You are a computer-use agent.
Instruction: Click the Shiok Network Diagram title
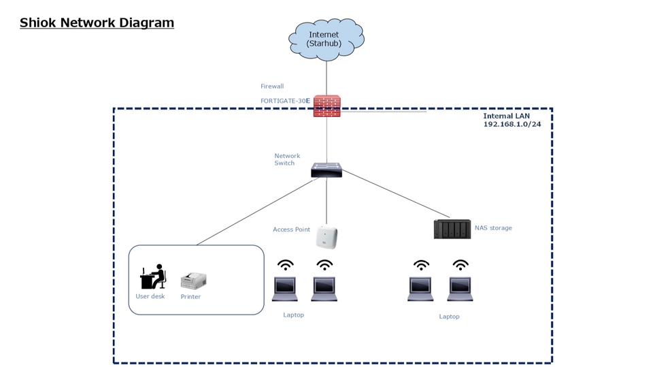click(97, 22)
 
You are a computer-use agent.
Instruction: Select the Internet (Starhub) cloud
click(326, 39)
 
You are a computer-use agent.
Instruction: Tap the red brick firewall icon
click(326, 106)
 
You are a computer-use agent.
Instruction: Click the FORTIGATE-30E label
click(285, 101)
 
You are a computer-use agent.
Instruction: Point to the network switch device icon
click(326, 170)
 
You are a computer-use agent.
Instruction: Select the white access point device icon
click(326, 237)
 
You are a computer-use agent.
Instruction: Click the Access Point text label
click(291, 229)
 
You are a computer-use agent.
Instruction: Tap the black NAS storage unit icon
click(452, 229)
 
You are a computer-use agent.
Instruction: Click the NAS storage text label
click(493, 228)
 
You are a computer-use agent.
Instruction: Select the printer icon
click(193, 280)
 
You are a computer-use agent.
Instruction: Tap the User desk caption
click(150, 296)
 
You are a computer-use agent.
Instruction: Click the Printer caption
click(190, 297)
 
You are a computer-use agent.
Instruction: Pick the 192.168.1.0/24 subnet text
click(512, 125)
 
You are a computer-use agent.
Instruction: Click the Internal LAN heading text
click(506, 116)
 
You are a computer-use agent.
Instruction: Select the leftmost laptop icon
click(285, 289)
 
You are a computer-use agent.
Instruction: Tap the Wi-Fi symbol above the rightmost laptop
click(461, 265)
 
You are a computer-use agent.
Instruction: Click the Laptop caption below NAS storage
click(449, 317)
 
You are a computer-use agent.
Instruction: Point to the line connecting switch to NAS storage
click(395, 195)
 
